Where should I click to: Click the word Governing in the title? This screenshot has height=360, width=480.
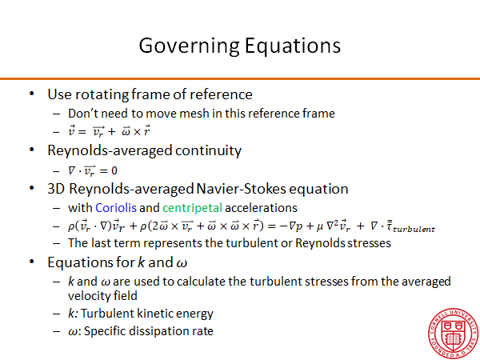point(189,46)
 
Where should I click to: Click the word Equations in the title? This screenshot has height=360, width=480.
point(293,46)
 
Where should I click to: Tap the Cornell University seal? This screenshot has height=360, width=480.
point(453,334)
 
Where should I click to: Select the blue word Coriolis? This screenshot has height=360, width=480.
point(116,208)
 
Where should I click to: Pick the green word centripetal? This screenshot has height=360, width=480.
point(192,208)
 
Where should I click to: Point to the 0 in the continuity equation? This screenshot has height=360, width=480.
point(114,170)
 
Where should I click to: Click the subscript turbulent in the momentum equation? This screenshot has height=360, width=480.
point(414,230)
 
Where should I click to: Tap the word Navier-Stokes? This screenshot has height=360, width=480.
point(272,189)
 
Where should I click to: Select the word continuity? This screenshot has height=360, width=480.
point(208,151)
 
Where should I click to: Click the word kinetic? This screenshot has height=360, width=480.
point(157,314)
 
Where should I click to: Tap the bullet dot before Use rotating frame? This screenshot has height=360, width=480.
point(31,94)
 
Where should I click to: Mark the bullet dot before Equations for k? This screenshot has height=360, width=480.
point(31,262)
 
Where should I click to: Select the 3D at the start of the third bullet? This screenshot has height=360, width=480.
point(56,189)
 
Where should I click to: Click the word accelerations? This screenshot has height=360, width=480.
point(261,208)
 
